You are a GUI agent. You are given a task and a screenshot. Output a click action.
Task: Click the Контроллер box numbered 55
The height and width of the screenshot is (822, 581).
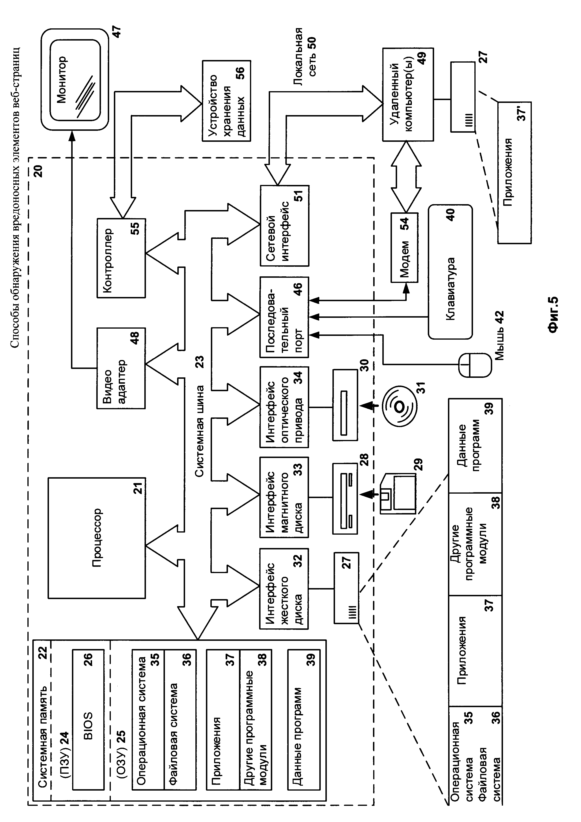tap(121, 258)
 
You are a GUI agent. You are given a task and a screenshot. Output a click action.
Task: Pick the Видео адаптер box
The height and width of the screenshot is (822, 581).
tap(121, 368)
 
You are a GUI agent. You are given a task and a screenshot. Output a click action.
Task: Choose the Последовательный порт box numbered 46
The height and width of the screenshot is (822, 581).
tap(284, 317)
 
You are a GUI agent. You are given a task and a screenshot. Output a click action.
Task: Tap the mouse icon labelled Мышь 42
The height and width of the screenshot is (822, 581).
tap(475, 365)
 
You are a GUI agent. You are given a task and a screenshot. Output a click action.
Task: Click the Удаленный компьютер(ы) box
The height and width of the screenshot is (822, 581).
tap(408, 94)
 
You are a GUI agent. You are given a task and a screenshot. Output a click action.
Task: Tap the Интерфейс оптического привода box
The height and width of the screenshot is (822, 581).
tap(284, 407)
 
